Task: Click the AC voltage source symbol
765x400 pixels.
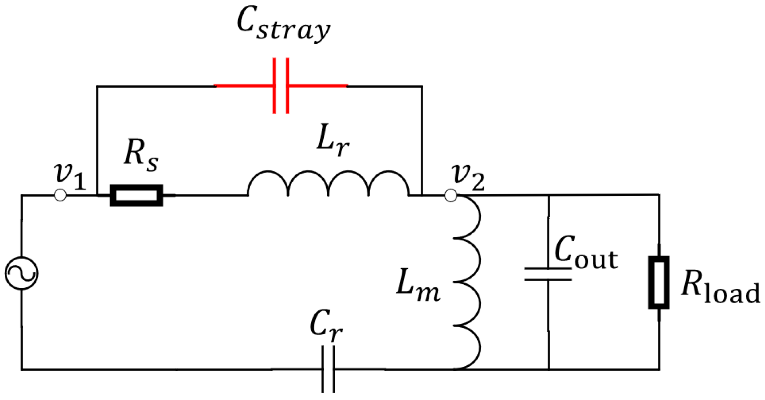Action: click(21, 273)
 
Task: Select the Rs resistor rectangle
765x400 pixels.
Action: click(136, 195)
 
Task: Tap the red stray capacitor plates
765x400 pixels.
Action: click(280, 86)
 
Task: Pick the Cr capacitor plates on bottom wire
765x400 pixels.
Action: click(328, 369)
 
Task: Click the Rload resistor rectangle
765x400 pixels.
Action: click(659, 282)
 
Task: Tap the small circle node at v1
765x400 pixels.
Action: click(60, 195)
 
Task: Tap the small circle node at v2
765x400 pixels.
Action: click(451, 196)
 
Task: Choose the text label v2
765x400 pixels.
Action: click(468, 177)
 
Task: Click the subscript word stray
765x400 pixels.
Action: click(294, 31)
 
